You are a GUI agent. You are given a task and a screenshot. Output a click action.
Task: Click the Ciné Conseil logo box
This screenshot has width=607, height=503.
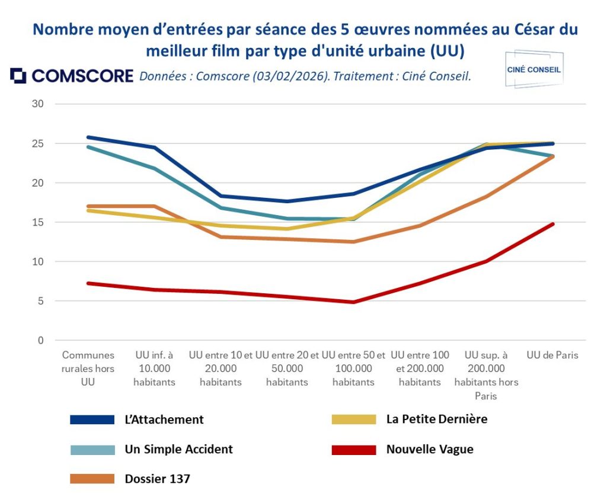coord(533,69)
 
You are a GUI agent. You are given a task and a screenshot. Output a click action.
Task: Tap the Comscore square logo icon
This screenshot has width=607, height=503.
coord(18,76)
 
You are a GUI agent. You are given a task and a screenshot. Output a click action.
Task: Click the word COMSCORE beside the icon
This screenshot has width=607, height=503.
coord(82,76)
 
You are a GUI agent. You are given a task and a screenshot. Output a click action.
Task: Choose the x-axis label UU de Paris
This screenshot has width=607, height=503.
coord(552,355)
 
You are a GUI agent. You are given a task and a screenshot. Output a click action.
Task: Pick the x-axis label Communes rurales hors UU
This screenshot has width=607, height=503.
coord(88,369)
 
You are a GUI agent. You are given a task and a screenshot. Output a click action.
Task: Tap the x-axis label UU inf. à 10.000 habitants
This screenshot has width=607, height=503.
coord(154,369)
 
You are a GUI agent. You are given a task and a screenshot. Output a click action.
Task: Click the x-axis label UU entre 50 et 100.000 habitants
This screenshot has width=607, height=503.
coord(353,369)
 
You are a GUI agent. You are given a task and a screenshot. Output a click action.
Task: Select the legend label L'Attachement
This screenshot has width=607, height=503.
coord(164,419)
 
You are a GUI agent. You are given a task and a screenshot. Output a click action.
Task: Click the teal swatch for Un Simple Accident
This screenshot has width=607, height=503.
coord(92,450)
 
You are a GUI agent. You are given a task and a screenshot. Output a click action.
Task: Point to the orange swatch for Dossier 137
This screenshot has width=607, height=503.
coord(92,479)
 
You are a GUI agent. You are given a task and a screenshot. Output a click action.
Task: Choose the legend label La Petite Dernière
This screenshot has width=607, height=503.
coord(436,419)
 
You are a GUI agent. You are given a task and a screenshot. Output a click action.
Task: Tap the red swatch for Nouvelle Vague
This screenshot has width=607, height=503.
coord(354,450)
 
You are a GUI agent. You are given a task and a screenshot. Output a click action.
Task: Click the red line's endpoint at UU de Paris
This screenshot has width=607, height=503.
coord(553,224)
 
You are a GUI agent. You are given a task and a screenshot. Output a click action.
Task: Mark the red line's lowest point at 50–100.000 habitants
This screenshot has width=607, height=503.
coord(353,302)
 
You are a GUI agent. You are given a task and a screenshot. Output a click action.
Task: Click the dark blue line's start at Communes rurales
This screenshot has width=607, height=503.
coord(88,137)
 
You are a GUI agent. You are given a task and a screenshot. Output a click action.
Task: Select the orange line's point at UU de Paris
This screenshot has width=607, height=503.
coord(553,156)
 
